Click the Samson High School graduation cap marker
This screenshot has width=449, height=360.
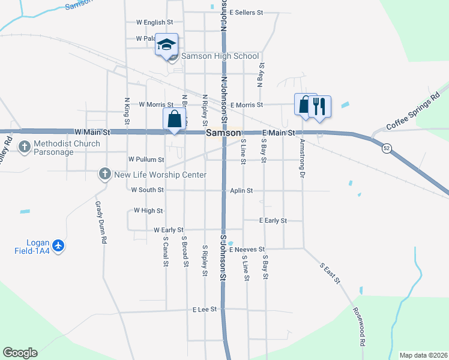tap(166, 45)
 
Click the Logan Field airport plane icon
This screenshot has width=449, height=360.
tap(58, 245)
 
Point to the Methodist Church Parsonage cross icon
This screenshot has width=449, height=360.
tap(25, 146)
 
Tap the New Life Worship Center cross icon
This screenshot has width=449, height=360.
tap(104, 175)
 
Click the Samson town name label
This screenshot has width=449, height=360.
tap(223, 133)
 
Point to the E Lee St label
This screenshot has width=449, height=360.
tap(205, 310)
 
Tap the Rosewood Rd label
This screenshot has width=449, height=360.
tap(360, 327)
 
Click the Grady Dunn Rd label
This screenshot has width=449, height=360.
tap(100, 221)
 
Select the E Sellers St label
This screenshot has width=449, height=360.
tap(246, 12)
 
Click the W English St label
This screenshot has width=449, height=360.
tap(154, 23)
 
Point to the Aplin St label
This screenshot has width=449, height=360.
tap(241, 190)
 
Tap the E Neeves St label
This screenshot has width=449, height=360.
tap(246, 249)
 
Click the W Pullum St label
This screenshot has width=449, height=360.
tap(146, 160)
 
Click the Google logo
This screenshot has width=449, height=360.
tap(20, 353)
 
